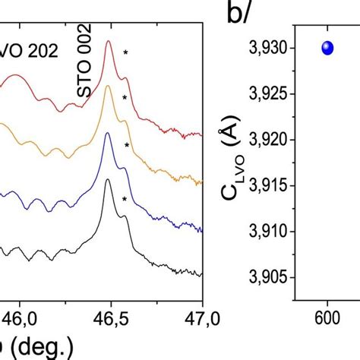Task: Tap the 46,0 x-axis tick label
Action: tap(21, 317)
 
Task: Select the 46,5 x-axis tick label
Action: tap(112, 317)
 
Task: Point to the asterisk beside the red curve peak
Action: tap(125, 52)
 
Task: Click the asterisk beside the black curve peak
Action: tap(124, 201)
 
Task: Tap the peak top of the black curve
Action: tap(108, 180)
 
